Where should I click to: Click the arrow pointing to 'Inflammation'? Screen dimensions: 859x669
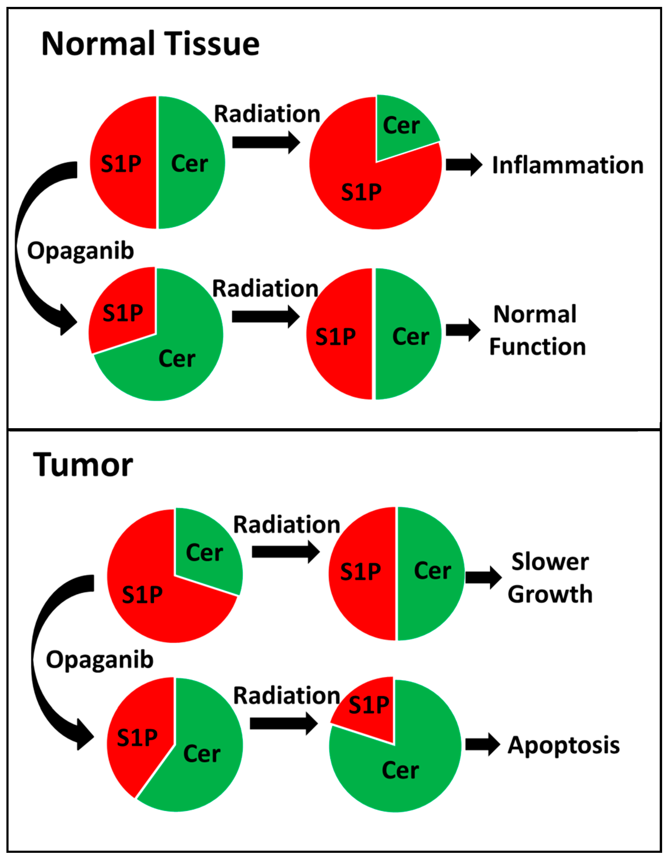pyautogui.click(x=463, y=164)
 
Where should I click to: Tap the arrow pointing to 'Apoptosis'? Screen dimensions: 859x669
pyautogui.click(x=482, y=744)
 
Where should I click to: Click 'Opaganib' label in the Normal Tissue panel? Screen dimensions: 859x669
pyautogui.click(x=81, y=251)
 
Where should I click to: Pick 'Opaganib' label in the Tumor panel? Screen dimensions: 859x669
pyautogui.click(x=100, y=660)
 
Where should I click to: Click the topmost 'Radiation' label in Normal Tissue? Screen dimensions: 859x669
pyautogui.click(x=267, y=114)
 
